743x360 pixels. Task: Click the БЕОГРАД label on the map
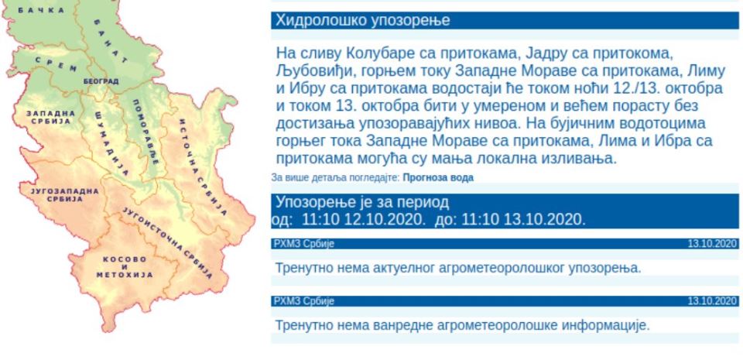[x=101, y=81]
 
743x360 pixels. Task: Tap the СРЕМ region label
[x=56, y=64]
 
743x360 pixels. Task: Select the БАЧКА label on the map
[x=42, y=10]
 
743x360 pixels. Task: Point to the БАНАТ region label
[x=111, y=41]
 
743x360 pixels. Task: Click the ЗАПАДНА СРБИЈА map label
[x=51, y=117]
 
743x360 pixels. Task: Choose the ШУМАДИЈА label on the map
[x=111, y=142]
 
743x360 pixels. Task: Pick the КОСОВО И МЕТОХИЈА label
[x=125, y=267]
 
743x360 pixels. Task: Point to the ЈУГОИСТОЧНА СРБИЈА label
[x=168, y=242]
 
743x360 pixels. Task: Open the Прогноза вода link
[x=438, y=177]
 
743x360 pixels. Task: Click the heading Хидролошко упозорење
[x=363, y=21]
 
